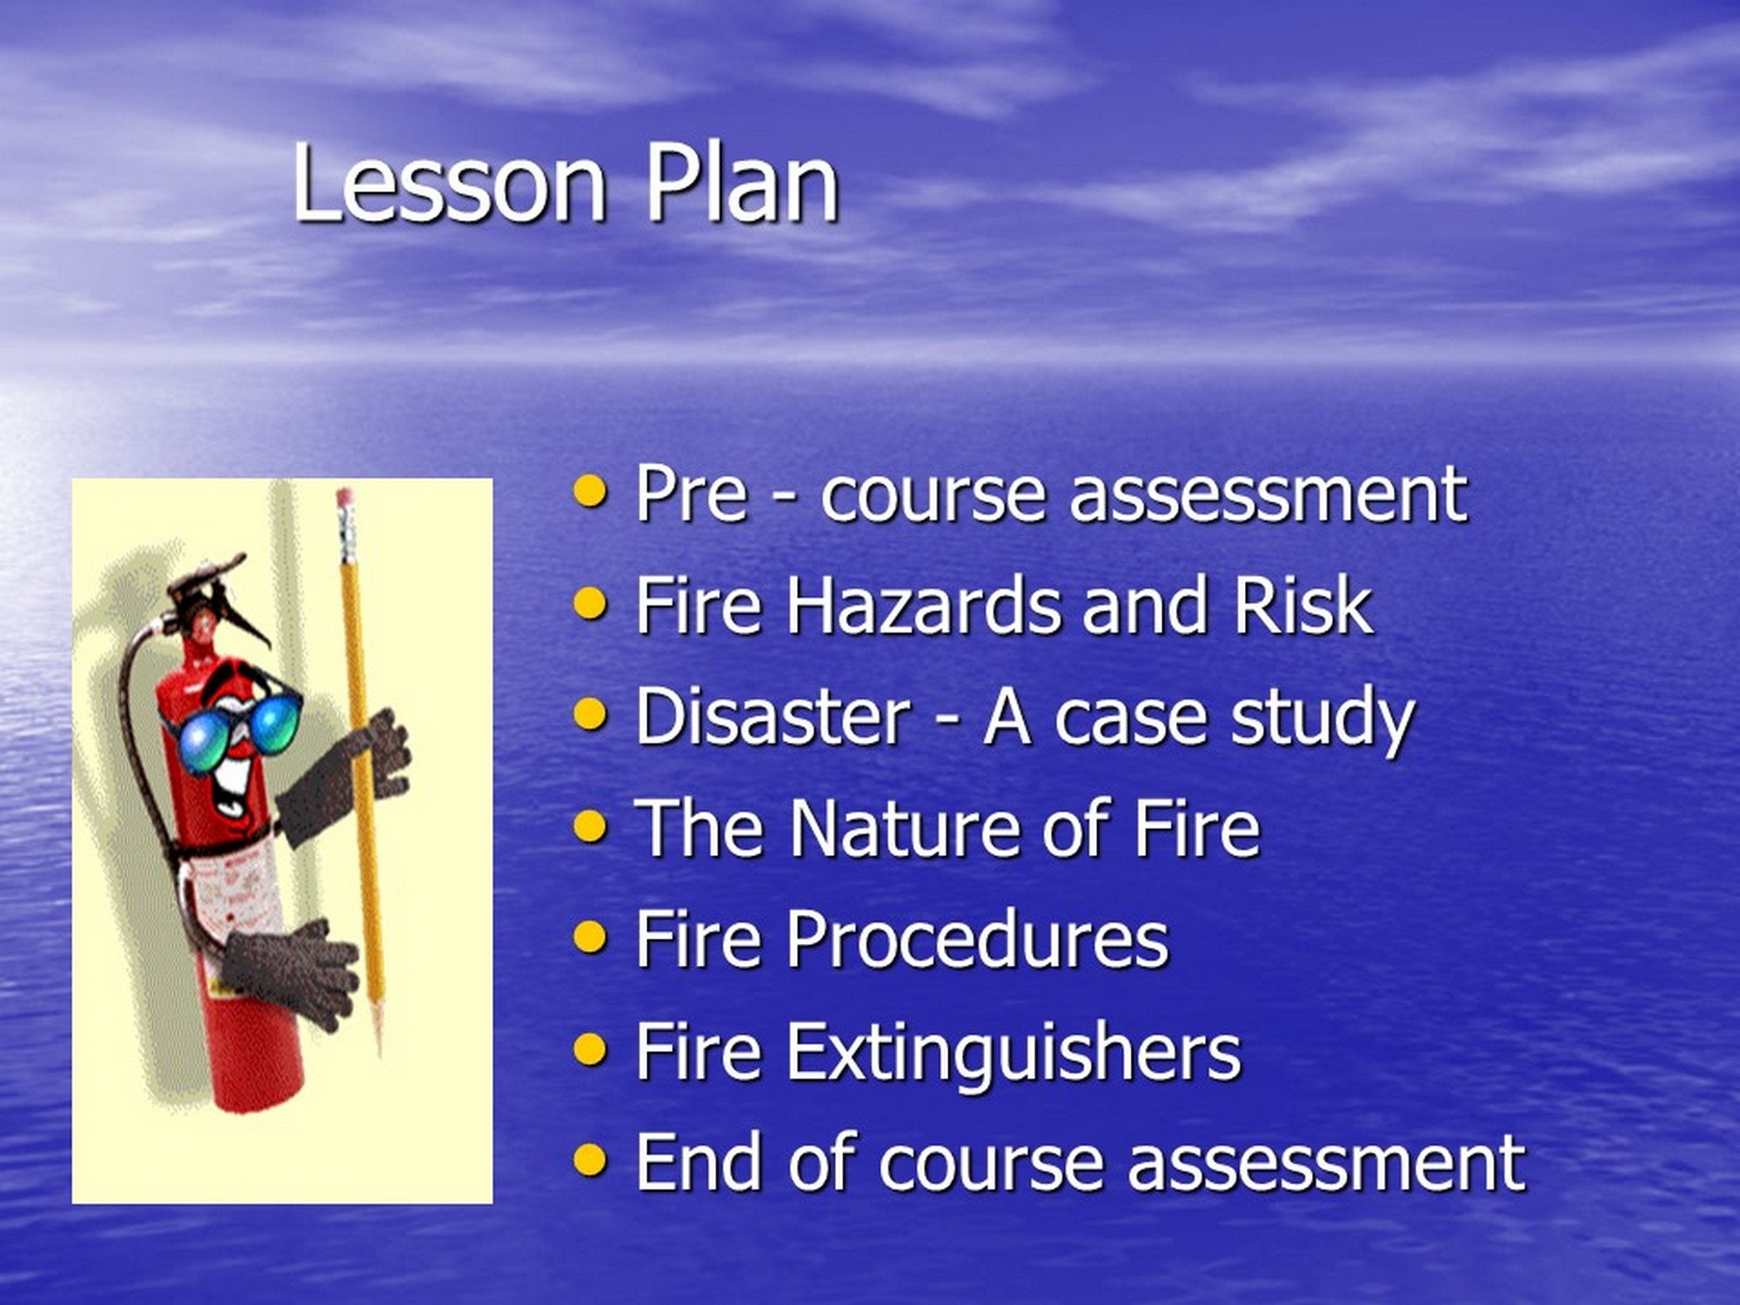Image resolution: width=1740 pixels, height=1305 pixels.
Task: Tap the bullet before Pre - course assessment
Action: click(591, 492)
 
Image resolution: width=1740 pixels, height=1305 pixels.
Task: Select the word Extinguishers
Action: click(1014, 1052)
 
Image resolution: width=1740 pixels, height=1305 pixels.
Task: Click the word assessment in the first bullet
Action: click(1268, 493)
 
